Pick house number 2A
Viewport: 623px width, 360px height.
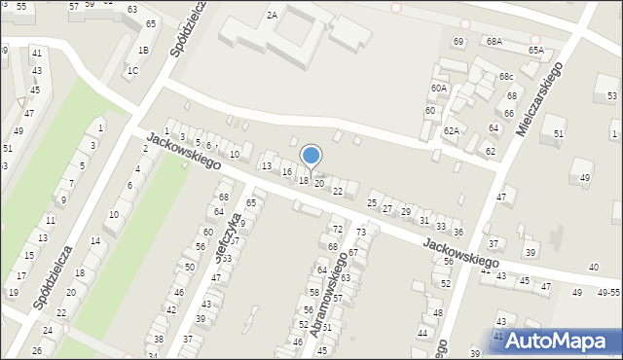pyautogui.click(x=272, y=15)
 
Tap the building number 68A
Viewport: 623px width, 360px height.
pyautogui.click(x=495, y=42)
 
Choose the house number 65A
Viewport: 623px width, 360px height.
pyautogui.click(x=535, y=50)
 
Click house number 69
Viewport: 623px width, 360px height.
pyautogui.click(x=458, y=42)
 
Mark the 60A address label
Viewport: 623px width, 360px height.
pyautogui.click(x=439, y=89)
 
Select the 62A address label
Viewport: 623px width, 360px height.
pyautogui.click(x=451, y=130)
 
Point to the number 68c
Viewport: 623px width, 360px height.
pyautogui.click(x=506, y=77)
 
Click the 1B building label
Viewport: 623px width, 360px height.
pyautogui.click(x=143, y=51)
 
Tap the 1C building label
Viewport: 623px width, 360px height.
pyautogui.click(x=132, y=70)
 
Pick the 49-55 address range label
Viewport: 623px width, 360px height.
pyautogui.click(x=608, y=293)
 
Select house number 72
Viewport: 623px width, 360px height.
pyautogui.click(x=338, y=230)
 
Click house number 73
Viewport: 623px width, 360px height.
pyautogui.click(x=360, y=233)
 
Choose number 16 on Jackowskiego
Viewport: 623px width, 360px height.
pyautogui.click(x=286, y=172)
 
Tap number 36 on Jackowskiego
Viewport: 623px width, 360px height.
pyautogui.click(x=458, y=233)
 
